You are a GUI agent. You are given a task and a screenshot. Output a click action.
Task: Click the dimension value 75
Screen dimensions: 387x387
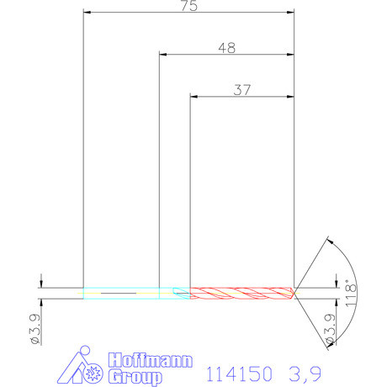pos(188,6)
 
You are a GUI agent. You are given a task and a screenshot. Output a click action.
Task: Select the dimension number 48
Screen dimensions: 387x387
pos(226,48)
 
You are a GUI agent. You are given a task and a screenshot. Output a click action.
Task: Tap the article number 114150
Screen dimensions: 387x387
pos(239,370)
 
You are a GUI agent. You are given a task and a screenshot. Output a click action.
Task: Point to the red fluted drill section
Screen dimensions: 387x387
pos(241,293)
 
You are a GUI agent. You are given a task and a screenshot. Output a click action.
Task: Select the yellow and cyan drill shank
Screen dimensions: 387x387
pos(122,293)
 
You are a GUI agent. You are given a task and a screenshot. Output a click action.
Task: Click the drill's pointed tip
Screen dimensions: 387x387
pos(294,293)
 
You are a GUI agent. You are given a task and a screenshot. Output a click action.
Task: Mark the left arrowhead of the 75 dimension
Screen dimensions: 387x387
pos(87,13)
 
